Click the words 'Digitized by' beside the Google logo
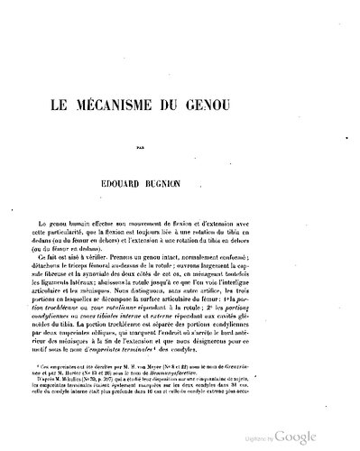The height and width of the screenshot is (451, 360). pyautogui.click(x=283, y=437)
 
